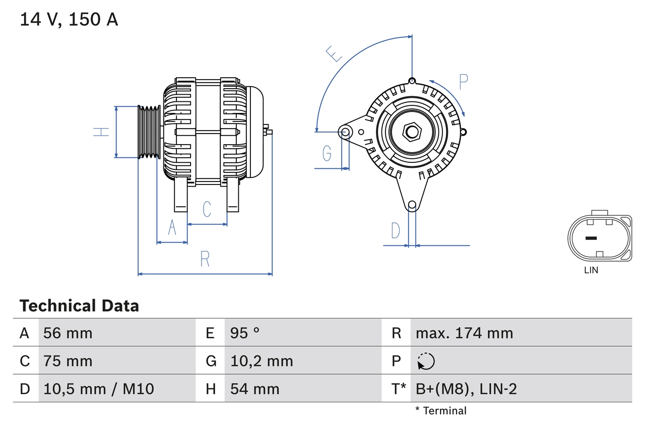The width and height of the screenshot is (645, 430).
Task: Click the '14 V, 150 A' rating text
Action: coord(69,20)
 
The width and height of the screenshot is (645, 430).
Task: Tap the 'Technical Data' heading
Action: coord(79,306)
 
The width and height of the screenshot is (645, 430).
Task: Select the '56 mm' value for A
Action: coord(68,333)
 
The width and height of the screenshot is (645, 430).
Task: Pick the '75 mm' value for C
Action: coord(68,361)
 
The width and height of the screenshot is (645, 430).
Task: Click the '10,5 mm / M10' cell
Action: coord(99,389)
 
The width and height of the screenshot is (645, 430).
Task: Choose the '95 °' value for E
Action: coord(245,333)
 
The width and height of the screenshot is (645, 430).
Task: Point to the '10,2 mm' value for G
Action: coord(262,361)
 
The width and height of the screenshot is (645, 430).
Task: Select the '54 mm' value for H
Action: coord(254,389)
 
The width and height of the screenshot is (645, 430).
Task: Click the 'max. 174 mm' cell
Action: coord(464,333)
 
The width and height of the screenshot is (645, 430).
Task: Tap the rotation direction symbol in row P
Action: coord(426,361)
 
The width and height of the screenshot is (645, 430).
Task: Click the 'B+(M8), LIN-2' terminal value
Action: coord(466,389)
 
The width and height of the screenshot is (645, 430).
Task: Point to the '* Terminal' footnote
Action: coord(441,411)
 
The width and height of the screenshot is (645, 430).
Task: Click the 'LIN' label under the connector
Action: coord(591,270)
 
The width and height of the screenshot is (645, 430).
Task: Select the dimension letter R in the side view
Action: coord(205,259)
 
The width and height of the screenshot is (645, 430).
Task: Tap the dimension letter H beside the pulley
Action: coord(102,132)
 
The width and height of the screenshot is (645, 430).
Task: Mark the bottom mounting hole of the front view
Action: coord(412,205)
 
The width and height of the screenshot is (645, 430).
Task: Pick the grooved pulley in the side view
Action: coord(149,132)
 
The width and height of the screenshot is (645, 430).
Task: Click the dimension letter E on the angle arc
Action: coord(334,53)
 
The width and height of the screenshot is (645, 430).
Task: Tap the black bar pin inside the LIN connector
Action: coord(591,238)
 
